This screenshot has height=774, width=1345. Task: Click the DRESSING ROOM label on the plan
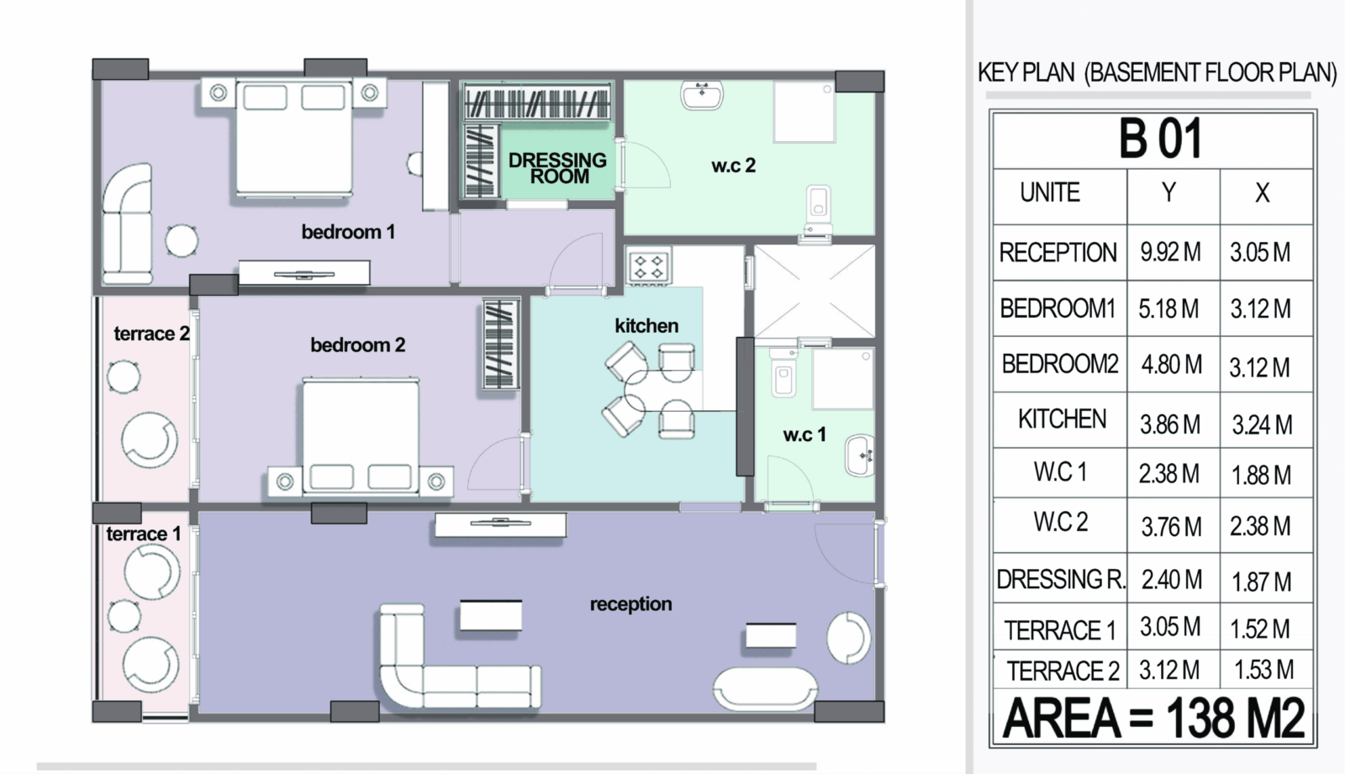point(557,168)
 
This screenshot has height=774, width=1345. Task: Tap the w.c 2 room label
point(733,166)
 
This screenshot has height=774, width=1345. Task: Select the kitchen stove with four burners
point(649,267)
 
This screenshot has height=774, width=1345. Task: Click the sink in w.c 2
point(701,96)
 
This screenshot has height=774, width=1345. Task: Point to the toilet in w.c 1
point(783,373)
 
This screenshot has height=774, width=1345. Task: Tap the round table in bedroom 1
point(182,241)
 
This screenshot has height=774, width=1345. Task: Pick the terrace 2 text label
point(151,334)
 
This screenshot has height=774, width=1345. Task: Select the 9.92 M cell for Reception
point(1170,252)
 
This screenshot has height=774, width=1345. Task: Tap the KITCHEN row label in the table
point(1062,419)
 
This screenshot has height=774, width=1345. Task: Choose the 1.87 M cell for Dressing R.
point(1261,582)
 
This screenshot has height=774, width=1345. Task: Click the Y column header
point(1168,192)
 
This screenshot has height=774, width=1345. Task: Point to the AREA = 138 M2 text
point(1153,719)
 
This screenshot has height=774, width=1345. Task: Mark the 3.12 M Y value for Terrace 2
point(1169,670)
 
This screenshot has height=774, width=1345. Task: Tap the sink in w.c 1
point(860,455)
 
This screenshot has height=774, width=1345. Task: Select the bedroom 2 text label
point(357,345)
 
